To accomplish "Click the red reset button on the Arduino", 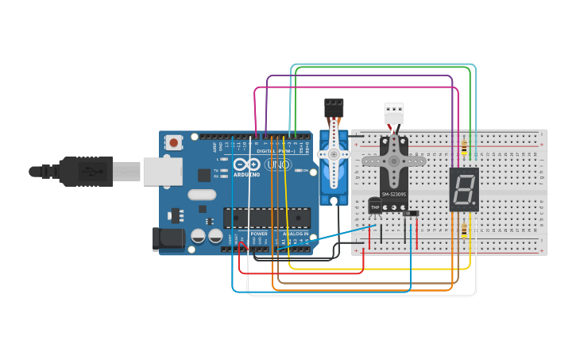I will point(173,142).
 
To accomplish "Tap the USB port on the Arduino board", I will point(162,171).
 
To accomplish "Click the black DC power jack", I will point(165,238).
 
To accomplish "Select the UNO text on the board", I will point(277,165).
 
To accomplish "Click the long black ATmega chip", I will point(266,217).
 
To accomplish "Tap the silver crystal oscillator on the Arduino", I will point(202,195).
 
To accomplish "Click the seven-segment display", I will point(463,189).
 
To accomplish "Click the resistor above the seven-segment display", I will point(464,148).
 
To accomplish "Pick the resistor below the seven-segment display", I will point(464,230).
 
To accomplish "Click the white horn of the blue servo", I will point(334,155).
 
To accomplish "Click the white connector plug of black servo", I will point(394,113).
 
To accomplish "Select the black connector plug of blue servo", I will point(334,107).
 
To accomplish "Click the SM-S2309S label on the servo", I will point(394,194).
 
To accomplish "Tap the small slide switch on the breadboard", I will point(410,212).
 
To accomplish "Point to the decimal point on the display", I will point(474,203).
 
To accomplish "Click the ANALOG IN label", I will point(300,234).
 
